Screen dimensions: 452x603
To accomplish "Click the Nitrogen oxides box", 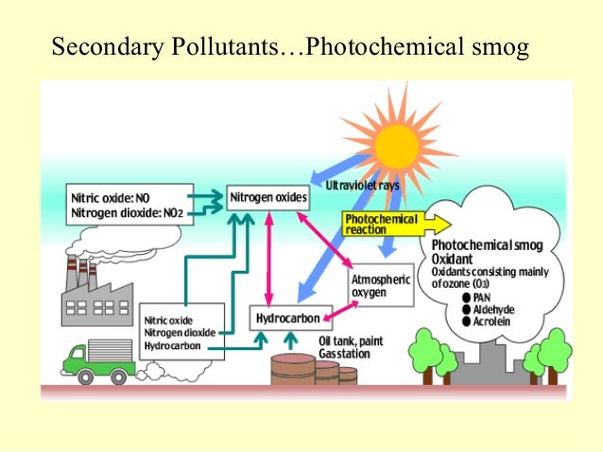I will coord(268,198).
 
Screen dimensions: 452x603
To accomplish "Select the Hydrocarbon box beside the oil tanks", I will coord(288,318).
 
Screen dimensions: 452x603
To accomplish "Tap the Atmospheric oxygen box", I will coord(382,285).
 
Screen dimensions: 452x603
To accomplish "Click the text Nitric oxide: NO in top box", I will coord(110,199).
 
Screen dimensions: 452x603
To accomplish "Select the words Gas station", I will coord(345,353).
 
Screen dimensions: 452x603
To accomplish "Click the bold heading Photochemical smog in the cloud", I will coord(488,244).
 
